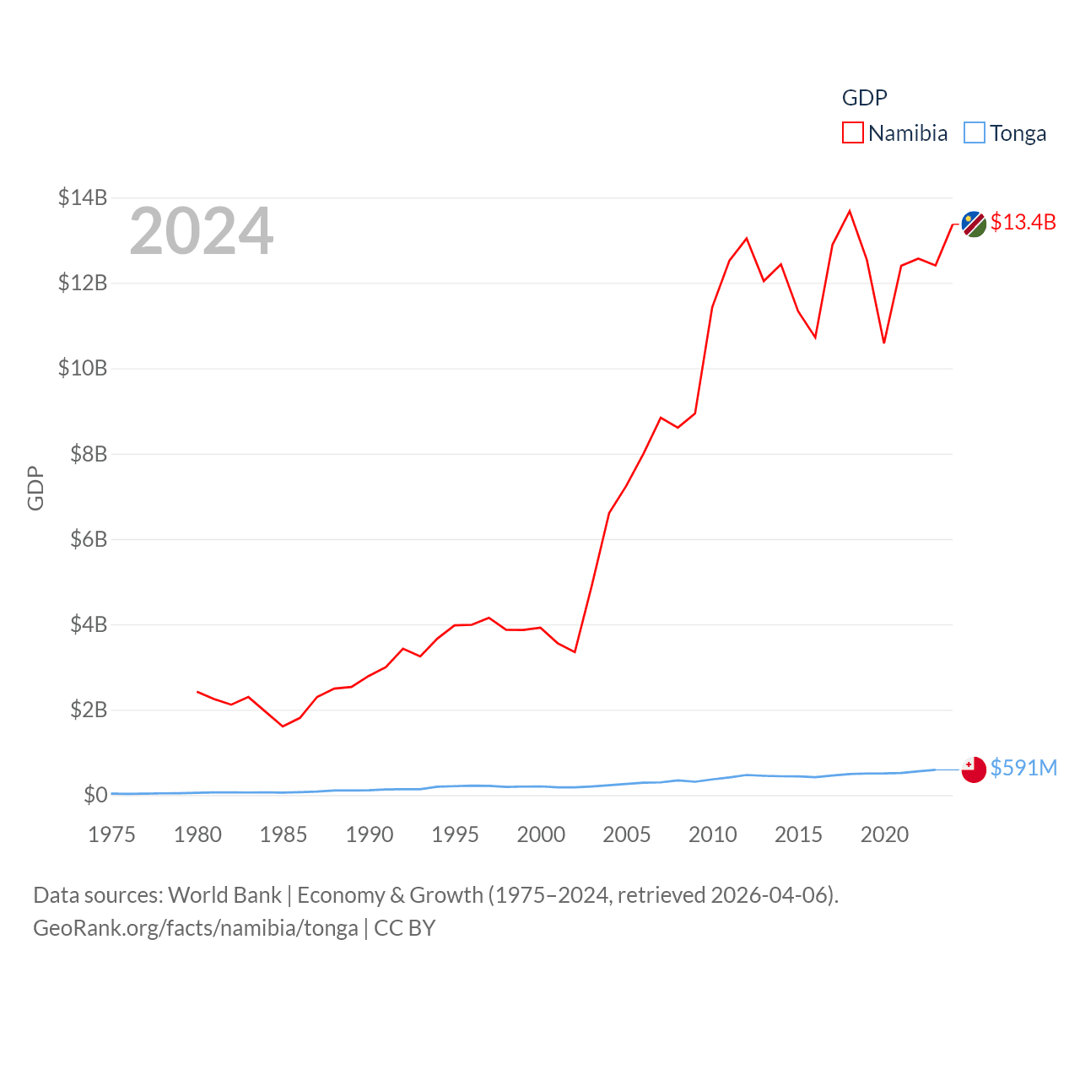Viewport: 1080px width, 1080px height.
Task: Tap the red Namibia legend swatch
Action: coord(853,133)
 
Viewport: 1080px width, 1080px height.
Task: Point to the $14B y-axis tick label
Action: coord(83,197)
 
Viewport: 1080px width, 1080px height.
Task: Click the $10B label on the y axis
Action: coord(83,368)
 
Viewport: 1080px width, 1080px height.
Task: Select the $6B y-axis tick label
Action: coord(89,538)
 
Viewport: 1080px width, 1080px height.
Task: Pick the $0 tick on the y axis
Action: coord(95,795)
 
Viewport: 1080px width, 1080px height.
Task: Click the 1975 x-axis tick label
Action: coord(111,834)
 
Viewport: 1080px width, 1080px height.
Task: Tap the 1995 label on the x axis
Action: coord(455,834)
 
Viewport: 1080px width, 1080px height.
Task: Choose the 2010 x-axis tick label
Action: coord(712,834)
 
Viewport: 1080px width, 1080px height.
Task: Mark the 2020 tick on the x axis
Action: coord(884,834)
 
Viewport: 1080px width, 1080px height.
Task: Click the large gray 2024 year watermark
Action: coord(202,231)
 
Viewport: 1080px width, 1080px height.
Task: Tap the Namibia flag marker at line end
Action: coord(974,224)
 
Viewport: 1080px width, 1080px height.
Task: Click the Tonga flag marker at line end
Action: coord(974,769)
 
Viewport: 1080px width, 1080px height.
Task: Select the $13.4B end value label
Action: coord(1023,222)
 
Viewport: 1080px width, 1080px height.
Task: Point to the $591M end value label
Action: coord(1023,768)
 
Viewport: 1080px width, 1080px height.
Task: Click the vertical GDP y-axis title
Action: coord(35,488)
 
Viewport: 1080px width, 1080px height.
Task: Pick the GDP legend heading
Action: coord(865,98)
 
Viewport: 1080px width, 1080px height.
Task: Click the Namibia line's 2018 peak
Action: coord(850,211)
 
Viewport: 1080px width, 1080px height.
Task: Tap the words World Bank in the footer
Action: coord(225,895)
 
